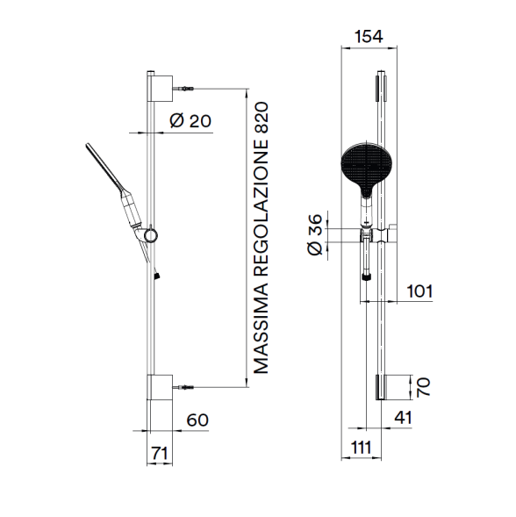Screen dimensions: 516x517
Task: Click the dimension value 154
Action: (369, 37)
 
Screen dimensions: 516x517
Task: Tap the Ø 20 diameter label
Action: (190, 120)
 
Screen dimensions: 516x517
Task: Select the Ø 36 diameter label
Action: (315, 234)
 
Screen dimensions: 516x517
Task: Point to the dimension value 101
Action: (419, 291)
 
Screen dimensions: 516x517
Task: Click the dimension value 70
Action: (423, 387)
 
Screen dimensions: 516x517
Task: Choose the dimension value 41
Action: (403, 418)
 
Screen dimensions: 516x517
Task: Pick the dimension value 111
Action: (361, 448)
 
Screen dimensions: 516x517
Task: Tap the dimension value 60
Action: (197, 420)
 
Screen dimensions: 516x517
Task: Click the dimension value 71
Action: (160, 453)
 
